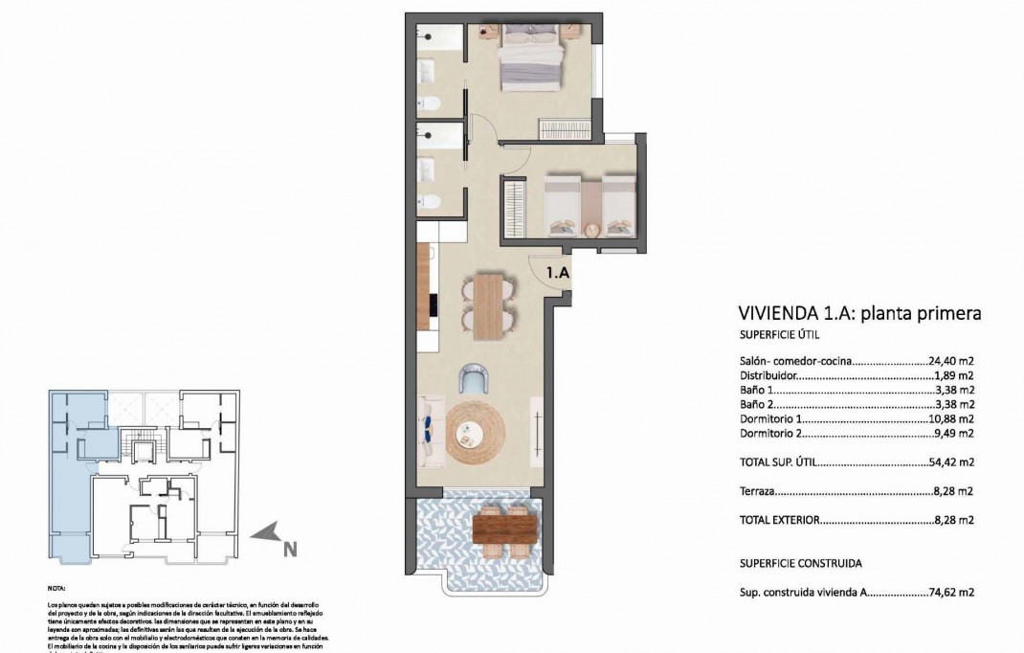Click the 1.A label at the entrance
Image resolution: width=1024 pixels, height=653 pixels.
[558, 273]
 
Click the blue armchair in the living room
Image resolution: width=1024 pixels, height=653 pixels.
[475, 379]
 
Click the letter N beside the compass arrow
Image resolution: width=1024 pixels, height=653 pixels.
[289, 549]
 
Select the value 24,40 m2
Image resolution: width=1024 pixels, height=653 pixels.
[951, 363]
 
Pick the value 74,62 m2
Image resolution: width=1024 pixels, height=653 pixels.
[951, 593]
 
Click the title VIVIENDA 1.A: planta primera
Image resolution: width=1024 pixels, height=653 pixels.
[860, 313]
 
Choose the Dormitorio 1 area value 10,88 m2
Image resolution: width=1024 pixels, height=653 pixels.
[951, 419]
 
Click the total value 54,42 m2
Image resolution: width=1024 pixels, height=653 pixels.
[951, 462]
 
